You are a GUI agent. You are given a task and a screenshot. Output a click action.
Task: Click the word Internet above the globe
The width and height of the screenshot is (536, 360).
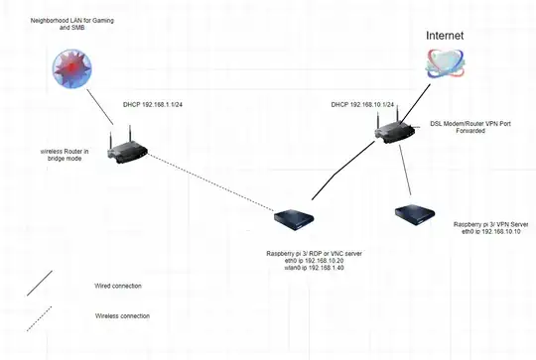point(444,34)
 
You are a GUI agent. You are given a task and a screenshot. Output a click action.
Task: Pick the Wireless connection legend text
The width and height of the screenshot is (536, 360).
point(123,315)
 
